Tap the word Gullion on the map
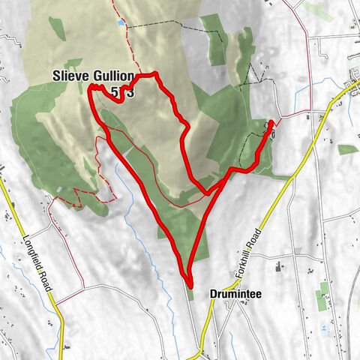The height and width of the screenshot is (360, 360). tap(114, 76)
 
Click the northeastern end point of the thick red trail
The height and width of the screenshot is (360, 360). tap(271, 122)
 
